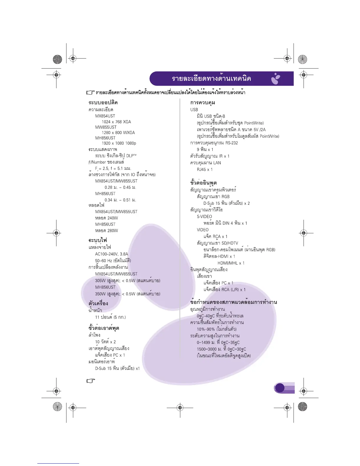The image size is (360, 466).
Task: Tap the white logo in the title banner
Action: pos(276,79)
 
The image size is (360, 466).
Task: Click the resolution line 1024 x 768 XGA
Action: pos(116,122)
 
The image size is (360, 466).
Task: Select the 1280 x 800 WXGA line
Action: pos(118,133)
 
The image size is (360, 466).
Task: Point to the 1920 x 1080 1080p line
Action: pos(119,143)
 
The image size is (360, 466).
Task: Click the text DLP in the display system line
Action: pos(130,156)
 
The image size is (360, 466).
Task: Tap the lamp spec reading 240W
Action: pos(106,218)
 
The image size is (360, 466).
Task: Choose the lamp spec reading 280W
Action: pos(106,231)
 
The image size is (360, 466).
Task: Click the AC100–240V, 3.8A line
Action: pos(111,254)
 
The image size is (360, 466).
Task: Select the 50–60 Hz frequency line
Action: pos(113,261)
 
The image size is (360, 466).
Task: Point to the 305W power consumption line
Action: pos(127,281)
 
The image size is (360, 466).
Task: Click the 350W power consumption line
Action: pos(127,294)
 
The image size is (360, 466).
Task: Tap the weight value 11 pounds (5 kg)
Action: pos(110,317)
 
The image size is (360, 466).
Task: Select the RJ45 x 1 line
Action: pos(205,169)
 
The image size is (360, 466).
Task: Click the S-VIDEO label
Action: pos(204,217)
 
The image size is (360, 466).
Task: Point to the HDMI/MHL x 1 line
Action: pos(231,263)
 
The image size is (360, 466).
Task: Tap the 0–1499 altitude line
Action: pos(218,342)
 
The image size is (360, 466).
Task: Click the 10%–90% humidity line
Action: pos(216,329)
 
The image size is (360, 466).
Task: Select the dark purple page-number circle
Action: pos(280,388)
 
